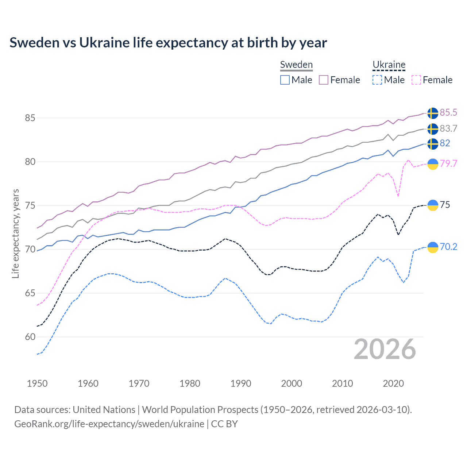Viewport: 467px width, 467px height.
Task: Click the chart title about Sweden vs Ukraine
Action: tap(168, 43)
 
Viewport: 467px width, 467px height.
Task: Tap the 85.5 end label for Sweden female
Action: tap(448, 112)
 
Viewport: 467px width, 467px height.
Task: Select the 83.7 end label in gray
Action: tap(448, 128)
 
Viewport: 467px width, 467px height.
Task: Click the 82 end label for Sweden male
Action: tap(445, 143)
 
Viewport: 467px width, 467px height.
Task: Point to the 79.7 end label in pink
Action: tap(448, 163)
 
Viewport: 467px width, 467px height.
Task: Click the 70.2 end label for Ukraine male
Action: tap(448, 247)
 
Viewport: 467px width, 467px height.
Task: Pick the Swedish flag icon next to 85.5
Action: tap(433, 113)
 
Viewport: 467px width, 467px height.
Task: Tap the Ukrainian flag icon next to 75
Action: tap(433, 205)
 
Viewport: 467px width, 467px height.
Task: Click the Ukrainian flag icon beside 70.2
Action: tap(433, 247)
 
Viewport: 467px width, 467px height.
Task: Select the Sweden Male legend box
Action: tap(285, 80)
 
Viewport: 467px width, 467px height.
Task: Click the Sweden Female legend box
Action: tap(324, 80)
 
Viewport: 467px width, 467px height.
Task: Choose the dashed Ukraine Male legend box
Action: tap(377, 80)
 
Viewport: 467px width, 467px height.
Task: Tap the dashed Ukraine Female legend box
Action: tap(416, 80)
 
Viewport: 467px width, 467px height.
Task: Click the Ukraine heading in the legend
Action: tap(389, 65)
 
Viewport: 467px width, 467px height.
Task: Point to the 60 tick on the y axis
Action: tap(30, 337)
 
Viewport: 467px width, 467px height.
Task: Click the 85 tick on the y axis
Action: tap(30, 118)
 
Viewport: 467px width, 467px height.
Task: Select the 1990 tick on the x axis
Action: tap(241, 383)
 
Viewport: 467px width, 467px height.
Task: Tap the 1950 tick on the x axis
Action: tap(37, 383)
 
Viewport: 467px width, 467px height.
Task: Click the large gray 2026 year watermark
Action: tap(385, 349)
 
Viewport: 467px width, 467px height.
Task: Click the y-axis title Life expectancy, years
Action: tap(16, 233)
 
